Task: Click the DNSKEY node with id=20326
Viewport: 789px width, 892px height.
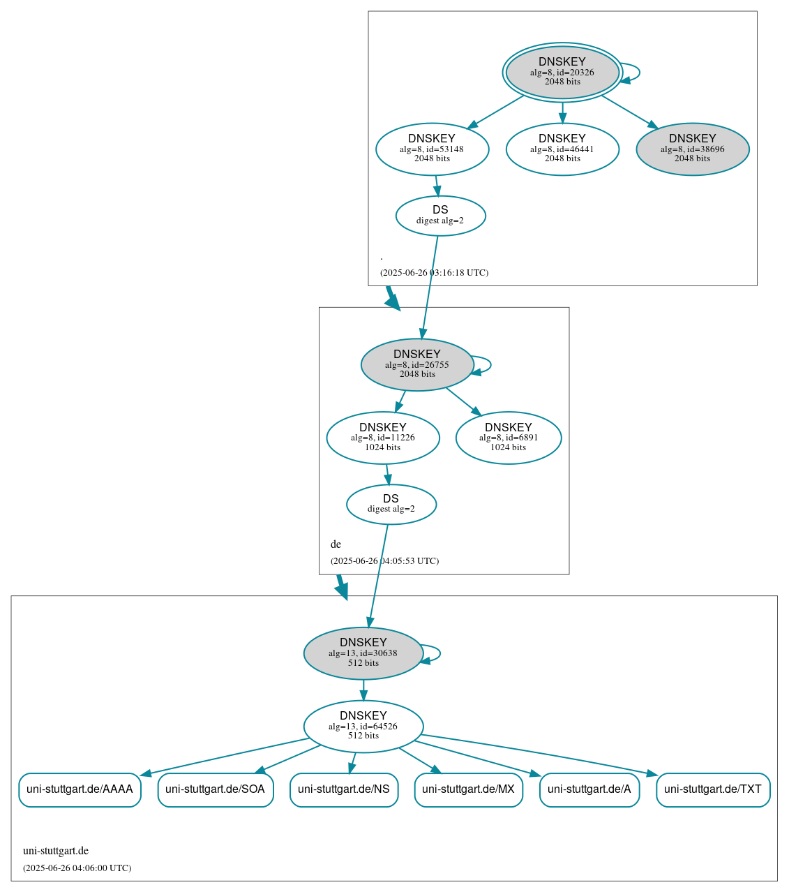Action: click(x=562, y=72)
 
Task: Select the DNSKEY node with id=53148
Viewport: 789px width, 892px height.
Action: click(x=432, y=149)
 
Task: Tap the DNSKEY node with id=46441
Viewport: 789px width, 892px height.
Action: click(x=562, y=149)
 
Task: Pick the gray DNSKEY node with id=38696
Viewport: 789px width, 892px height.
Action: click(x=692, y=149)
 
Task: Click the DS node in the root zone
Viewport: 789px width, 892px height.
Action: click(x=440, y=215)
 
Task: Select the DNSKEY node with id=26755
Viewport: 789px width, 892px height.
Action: click(x=417, y=364)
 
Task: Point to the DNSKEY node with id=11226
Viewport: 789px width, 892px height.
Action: click(x=383, y=438)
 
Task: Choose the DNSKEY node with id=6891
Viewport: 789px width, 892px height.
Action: click(x=509, y=438)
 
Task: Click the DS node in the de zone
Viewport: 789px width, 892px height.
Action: click(x=391, y=504)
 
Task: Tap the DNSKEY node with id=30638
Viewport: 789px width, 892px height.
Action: click(x=363, y=653)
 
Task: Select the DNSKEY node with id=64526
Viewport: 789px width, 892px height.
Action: click(x=363, y=726)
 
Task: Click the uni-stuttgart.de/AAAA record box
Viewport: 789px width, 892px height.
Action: click(x=80, y=789)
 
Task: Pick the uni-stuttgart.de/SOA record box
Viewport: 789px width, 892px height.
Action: click(x=215, y=789)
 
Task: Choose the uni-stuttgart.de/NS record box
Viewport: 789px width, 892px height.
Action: click(x=344, y=789)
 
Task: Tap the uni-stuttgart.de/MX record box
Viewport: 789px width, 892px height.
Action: click(x=468, y=789)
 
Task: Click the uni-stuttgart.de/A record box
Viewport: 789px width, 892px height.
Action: click(x=589, y=789)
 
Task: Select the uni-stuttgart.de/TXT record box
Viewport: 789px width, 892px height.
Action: click(x=713, y=789)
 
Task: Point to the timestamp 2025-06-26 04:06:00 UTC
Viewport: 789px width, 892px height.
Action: click(x=77, y=868)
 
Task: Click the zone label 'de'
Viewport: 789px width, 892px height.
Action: click(x=336, y=544)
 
